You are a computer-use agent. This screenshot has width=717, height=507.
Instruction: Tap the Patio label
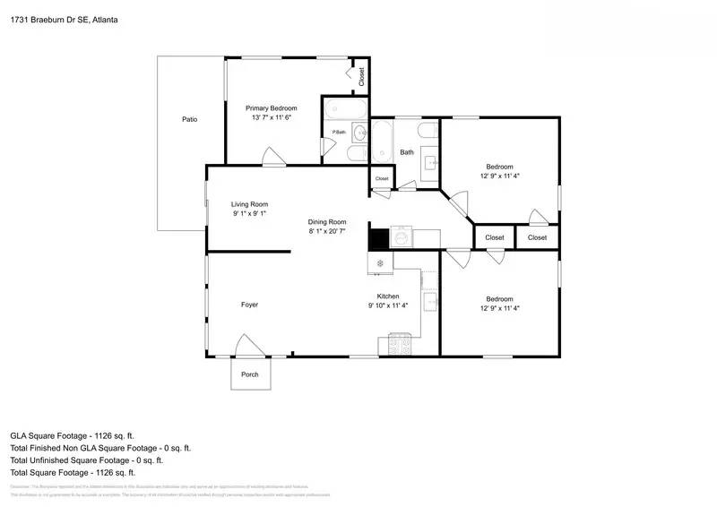coord(189,119)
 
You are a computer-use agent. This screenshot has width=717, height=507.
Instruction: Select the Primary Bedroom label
coord(272,108)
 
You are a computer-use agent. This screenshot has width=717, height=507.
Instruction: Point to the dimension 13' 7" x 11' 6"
coord(272,117)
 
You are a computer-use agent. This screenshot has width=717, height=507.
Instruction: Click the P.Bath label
coord(339,133)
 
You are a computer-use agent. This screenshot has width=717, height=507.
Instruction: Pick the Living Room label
coord(250,204)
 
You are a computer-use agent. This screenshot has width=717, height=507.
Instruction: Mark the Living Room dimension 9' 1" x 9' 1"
coord(250,214)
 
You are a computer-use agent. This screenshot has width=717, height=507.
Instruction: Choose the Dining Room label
coord(327,222)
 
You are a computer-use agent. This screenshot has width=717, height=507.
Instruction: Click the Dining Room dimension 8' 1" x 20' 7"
coord(327,232)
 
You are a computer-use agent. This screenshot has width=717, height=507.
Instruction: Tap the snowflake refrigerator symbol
coord(380,263)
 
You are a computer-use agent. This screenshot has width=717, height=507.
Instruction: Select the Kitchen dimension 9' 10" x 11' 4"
coord(388,305)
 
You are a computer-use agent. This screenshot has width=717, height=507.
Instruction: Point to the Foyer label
coord(249,305)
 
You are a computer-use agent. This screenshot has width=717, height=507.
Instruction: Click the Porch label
coord(251,374)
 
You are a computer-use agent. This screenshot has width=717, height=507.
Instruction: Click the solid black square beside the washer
coord(378,239)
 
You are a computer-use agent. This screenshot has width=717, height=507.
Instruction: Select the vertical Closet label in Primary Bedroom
coord(362,77)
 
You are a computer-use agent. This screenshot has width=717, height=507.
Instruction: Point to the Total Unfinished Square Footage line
coord(86,460)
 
